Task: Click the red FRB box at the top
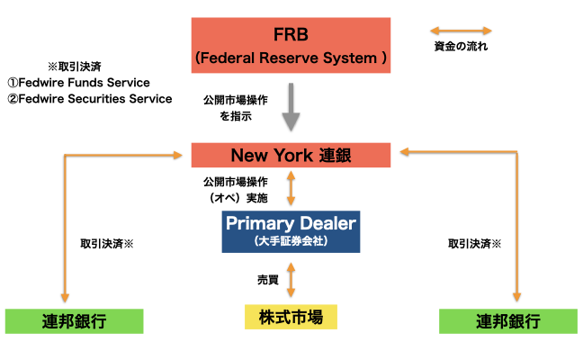coord(291,46)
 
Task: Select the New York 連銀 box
coord(291,154)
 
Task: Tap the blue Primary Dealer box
coord(291,230)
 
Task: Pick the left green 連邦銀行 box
coord(75,321)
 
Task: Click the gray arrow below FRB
coord(291,108)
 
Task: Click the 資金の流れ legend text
coord(460,46)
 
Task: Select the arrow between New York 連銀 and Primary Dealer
coord(291,189)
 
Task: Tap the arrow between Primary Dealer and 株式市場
coord(291,277)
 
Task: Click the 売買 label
coord(267,280)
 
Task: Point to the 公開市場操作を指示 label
coord(233,109)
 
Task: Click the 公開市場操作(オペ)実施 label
coord(238,189)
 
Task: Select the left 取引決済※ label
coord(106,244)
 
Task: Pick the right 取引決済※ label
coord(474,244)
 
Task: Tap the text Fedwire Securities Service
coord(89,99)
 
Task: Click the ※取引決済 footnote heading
coord(76,67)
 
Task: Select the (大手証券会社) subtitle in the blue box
coord(291,240)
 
